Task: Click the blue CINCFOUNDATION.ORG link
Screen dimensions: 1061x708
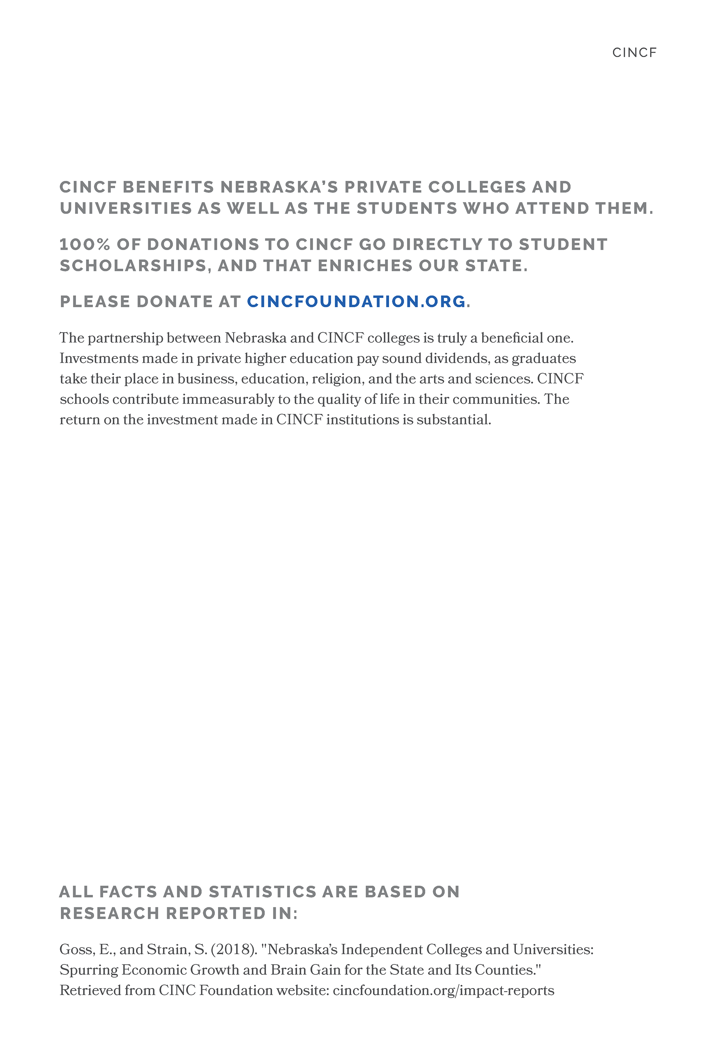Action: (x=356, y=301)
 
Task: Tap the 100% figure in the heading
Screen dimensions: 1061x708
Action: (x=85, y=245)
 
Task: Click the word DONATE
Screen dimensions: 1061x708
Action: (x=174, y=301)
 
